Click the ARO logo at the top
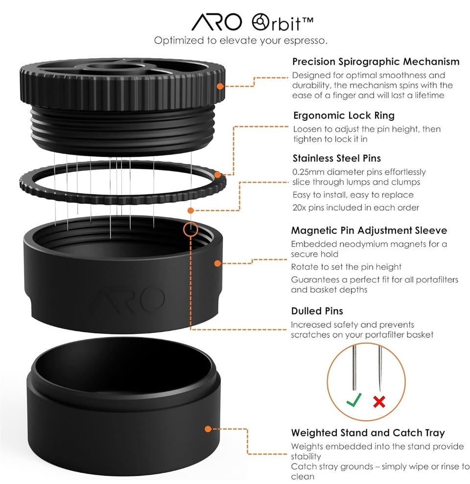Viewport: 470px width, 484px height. pos(216,22)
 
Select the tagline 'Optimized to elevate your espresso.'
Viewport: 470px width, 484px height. pos(240,41)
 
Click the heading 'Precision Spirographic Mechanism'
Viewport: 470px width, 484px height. pos(376,62)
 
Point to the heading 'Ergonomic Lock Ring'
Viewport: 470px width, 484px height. pos(344,115)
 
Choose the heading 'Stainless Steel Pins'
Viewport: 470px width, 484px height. pos(337,158)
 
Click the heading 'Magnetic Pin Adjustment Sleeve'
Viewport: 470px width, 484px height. pos(369,231)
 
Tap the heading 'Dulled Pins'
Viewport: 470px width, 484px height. pos(317,311)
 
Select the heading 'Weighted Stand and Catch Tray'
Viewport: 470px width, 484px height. pos(368,433)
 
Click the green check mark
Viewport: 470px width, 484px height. pos(354,400)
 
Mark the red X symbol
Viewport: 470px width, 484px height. pos(379,401)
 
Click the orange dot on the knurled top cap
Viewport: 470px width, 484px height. pos(220,86)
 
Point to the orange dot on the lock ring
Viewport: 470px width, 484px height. pos(218,175)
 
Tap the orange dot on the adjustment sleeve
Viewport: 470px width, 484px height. pos(218,264)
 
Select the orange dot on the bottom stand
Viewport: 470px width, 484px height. pos(208,429)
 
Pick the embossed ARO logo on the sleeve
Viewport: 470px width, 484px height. pos(126,298)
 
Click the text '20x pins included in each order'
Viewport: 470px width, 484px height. pos(355,207)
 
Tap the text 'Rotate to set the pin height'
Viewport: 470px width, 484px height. pos(346,267)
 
